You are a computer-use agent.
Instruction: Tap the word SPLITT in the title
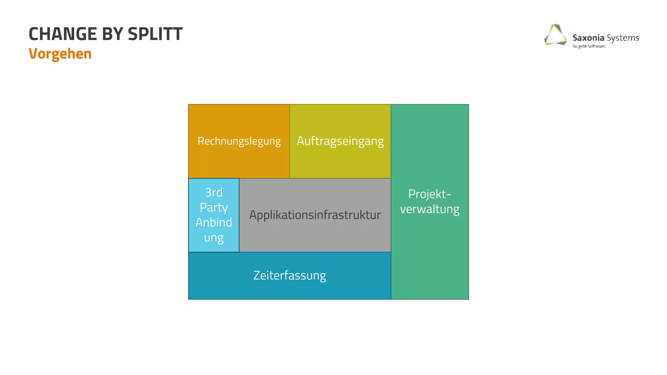click(155, 34)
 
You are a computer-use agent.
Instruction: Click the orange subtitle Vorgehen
click(60, 54)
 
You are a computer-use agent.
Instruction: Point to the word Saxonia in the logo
click(588, 38)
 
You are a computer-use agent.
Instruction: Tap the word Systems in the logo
click(623, 38)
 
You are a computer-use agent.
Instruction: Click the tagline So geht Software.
click(589, 46)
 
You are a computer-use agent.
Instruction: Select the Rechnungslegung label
click(239, 141)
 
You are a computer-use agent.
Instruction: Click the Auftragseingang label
click(340, 141)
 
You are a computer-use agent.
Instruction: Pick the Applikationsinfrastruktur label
click(315, 215)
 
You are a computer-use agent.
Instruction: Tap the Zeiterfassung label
click(290, 275)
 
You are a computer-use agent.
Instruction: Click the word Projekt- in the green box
click(430, 194)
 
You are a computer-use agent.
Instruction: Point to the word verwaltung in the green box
click(430, 209)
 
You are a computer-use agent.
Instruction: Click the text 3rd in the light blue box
click(214, 192)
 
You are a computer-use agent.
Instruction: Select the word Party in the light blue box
click(214, 207)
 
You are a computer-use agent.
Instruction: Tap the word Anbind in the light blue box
click(214, 222)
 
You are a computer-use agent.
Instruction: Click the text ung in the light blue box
click(214, 238)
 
